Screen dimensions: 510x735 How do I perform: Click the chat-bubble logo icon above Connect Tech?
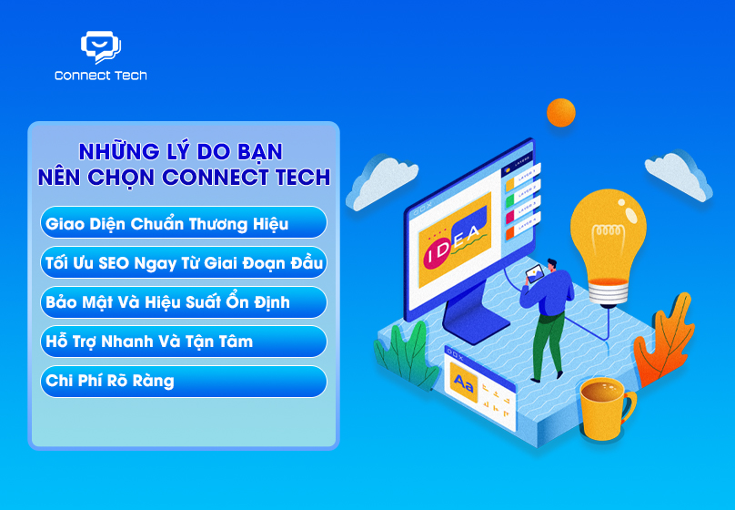point(100,46)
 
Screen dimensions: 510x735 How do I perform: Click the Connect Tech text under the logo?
point(100,76)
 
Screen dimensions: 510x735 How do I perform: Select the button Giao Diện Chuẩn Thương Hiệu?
point(183,223)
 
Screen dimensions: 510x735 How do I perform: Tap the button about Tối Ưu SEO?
point(183,262)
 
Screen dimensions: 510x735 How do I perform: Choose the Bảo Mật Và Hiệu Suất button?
point(183,301)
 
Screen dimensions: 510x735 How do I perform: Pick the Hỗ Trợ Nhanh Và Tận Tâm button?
point(183,342)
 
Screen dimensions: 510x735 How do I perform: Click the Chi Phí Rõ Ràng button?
point(183,381)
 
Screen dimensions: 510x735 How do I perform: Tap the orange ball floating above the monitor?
point(560,113)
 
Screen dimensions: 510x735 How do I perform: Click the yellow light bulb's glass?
point(608,231)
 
